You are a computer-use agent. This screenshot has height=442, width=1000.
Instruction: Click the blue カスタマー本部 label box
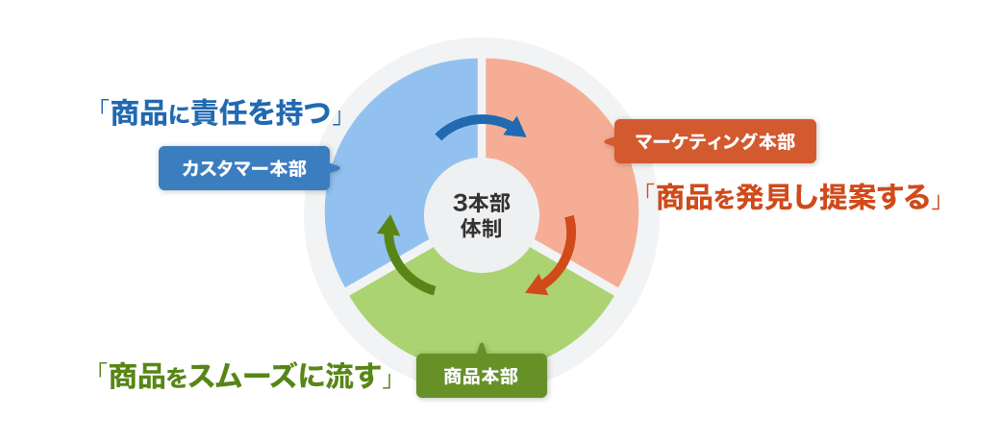pyautogui.click(x=243, y=168)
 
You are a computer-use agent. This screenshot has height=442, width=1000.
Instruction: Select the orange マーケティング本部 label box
pyautogui.click(x=714, y=142)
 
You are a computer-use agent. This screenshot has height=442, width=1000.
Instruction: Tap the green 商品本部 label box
pyautogui.click(x=481, y=376)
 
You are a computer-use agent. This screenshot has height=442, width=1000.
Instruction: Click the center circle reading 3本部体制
pyautogui.click(x=481, y=217)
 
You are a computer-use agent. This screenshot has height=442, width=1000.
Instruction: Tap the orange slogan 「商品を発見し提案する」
pyautogui.click(x=791, y=197)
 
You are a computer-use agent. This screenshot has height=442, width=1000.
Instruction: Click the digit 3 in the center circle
pyautogui.click(x=459, y=204)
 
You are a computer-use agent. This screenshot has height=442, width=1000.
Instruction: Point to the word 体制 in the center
pyautogui.click(x=481, y=231)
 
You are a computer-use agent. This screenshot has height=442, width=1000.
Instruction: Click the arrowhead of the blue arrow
pyautogui.click(x=516, y=127)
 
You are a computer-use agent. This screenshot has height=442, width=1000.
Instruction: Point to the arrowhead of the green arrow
pyautogui.click(x=387, y=227)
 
